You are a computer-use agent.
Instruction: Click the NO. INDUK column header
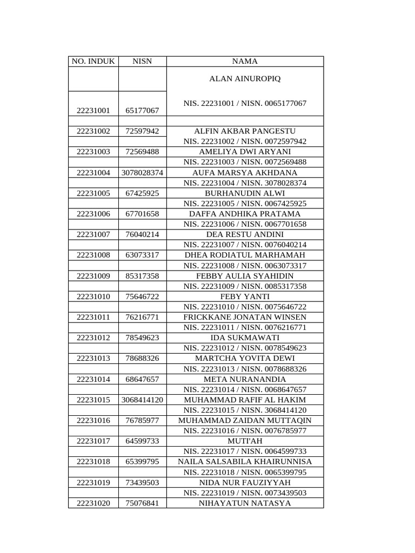(93, 62)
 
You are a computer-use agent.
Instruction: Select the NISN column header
(142, 62)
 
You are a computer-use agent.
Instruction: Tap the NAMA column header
(245, 62)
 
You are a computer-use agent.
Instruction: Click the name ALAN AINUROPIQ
(245, 79)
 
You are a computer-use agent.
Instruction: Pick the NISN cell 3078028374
(142, 173)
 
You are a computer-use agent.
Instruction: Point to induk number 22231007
(93, 234)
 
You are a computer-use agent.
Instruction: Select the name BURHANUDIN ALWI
(245, 193)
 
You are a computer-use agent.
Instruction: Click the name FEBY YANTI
(245, 296)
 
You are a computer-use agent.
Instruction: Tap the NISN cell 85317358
(142, 276)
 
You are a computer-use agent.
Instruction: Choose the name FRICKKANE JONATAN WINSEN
(245, 317)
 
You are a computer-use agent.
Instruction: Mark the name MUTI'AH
(245, 441)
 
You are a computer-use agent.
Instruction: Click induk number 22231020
(93, 503)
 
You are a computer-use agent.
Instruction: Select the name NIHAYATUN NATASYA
(245, 503)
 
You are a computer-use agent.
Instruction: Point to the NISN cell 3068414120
(142, 400)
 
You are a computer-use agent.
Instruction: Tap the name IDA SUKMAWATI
(245, 338)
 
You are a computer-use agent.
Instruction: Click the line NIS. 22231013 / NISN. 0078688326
(245, 369)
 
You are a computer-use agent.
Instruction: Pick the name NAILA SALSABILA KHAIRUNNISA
(245, 462)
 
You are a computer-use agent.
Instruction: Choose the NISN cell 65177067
(142, 111)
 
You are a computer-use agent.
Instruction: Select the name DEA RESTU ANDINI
(245, 234)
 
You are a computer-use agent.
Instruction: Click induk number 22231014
(93, 379)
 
